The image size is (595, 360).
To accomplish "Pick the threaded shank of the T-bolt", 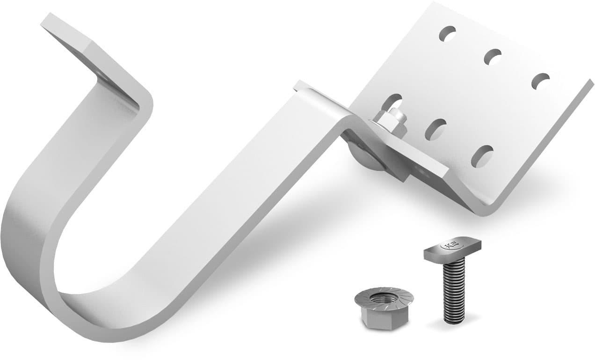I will [x=453, y=290].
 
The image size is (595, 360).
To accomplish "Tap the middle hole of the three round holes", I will [x=493, y=57].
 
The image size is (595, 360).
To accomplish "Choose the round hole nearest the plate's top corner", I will [x=447, y=33].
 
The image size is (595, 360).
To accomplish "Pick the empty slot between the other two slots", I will [x=435, y=129].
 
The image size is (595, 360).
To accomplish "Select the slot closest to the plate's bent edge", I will [x=482, y=156].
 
